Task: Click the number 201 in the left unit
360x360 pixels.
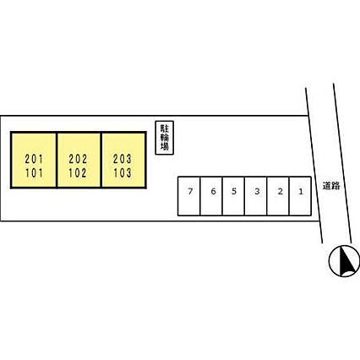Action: click(34, 159)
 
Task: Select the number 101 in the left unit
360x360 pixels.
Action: click(34, 173)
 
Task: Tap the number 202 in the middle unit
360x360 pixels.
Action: click(78, 159)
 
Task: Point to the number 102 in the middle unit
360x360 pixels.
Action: click(78, 173)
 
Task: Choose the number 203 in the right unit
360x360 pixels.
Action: click(123, 159)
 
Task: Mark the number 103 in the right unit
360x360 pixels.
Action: click(123, 173)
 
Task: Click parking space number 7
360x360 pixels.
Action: click(189, 196)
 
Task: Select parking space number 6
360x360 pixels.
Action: click(211, 196)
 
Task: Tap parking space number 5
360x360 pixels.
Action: click(233, 196)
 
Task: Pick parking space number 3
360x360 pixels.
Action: click(256, 196)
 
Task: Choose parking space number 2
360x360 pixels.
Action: click(278, 196)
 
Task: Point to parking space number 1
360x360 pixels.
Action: click(300, 196)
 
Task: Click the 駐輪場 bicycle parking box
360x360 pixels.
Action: click(165, 138)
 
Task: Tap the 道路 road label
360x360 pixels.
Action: click(331, 186)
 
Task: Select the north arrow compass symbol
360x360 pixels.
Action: click(344, 261)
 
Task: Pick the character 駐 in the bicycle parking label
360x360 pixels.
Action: click(165, 128)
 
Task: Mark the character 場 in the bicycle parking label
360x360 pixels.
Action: click(165, 146)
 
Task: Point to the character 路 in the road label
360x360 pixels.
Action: click(335, 186)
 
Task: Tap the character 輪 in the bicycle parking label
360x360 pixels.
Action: click(165, 138)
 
